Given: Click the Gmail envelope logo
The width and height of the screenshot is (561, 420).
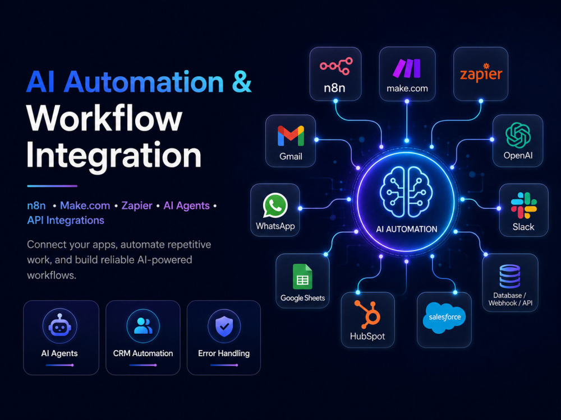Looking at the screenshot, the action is (291, 136).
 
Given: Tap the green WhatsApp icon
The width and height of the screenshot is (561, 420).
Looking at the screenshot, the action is (275, 206).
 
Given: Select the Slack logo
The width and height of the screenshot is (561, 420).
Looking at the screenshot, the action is (524, 206).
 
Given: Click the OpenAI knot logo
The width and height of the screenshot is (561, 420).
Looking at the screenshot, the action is (518, 135).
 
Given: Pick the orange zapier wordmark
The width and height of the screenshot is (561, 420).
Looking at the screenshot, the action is (481, 73).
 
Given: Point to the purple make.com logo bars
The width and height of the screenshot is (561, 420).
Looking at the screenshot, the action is (407, 68).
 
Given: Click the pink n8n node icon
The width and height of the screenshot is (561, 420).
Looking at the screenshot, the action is (336, 66).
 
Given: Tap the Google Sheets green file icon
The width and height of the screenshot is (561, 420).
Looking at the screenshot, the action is (302, 277).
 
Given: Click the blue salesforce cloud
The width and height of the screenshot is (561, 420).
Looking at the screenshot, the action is (444, 318).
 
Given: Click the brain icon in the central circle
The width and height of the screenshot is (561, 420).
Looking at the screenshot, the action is (406, 192).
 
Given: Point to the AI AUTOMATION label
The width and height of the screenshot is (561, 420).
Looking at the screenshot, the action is (406, 229).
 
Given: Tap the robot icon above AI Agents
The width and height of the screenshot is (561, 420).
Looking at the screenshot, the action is (60, 326).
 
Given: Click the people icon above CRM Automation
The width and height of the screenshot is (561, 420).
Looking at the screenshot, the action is (143, 325).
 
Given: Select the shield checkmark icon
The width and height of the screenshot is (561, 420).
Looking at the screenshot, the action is (224, 325).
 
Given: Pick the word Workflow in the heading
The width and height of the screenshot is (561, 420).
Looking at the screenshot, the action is (104, 118).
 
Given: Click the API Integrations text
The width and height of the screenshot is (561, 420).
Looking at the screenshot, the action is (66, 220).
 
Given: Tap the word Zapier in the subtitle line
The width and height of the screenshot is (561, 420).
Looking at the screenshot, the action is (137, 206).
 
